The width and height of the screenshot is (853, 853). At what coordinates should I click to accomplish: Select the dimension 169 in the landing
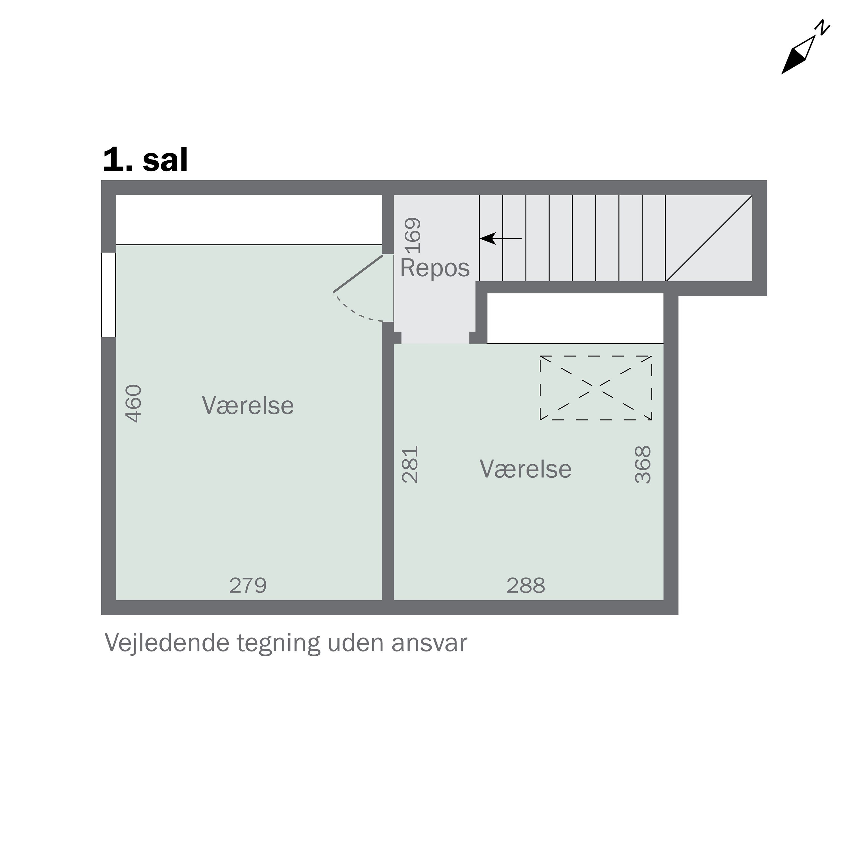pos(413,236)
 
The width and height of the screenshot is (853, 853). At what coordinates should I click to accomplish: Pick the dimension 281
pos(410,465)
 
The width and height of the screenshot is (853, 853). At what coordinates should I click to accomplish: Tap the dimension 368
pos(643,465)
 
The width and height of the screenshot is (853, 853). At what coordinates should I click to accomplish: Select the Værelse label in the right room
pos(525,469)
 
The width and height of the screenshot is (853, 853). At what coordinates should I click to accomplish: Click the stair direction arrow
pos(500,239)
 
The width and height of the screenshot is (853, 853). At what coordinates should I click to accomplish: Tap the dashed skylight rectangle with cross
pos(596,388)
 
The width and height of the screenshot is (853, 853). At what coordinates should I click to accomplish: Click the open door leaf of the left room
pos(358,274)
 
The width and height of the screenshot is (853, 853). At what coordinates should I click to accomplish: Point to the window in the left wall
pos(109,295)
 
